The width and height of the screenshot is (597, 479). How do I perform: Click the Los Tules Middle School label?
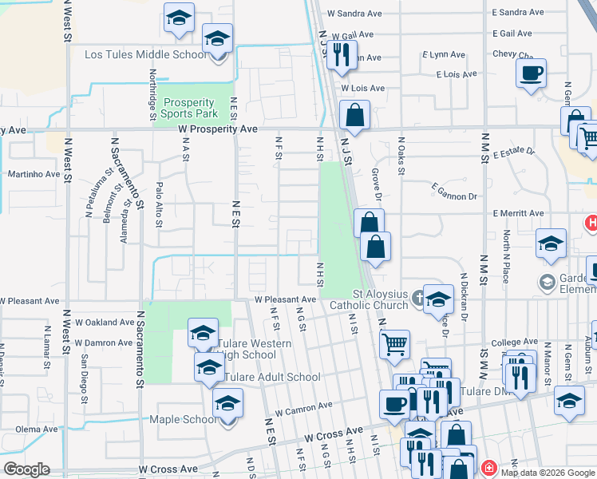145,54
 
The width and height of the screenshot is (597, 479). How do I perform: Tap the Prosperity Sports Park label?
189,108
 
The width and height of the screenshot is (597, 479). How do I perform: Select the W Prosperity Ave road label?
217,129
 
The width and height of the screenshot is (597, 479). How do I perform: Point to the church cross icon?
418,299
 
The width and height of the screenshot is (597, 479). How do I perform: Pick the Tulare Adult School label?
272,377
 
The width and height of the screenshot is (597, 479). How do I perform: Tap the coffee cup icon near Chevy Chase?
531,74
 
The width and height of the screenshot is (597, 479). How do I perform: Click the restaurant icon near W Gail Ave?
342,53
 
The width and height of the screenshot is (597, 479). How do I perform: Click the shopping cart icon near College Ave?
394,345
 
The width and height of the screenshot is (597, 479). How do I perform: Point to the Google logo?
26,469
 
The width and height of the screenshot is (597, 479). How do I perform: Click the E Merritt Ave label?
518,213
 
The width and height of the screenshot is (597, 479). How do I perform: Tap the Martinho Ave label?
34,174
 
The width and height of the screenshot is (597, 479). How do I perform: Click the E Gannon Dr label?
453,191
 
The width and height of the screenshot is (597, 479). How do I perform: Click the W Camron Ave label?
303,406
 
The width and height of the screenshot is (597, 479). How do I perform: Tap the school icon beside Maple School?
227,404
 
